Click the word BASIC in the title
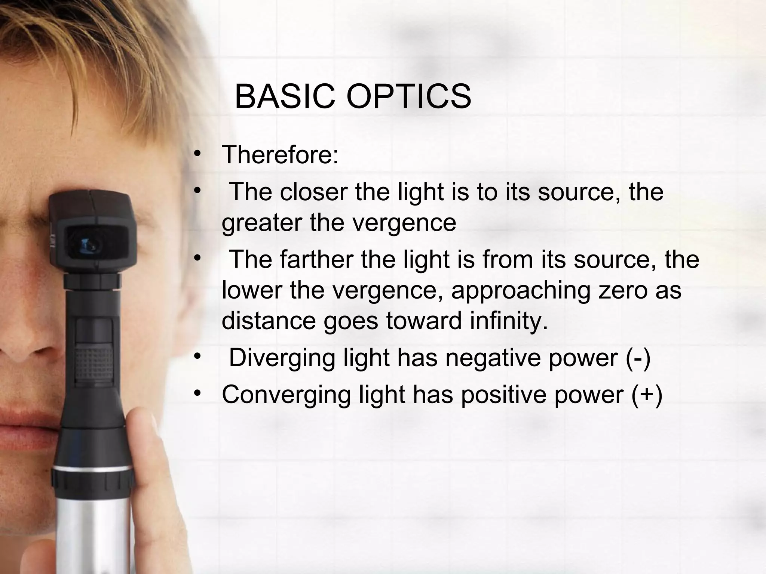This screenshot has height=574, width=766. click(285, 96)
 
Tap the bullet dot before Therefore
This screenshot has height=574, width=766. click(197, 154)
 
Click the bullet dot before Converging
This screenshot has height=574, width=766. click(197, 394)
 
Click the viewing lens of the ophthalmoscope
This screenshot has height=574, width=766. click(90, 244)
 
